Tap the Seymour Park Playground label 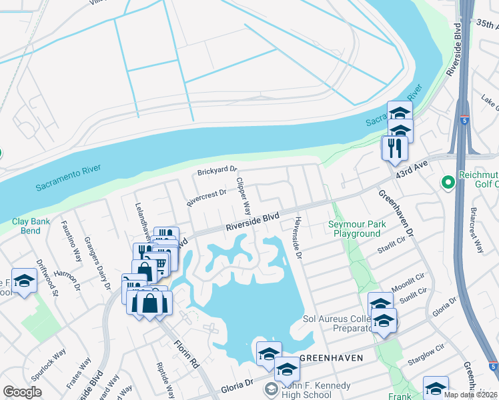357,229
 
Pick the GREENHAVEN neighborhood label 331,358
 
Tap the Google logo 22,392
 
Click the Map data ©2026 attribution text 471,395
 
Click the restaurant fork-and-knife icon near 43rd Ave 394,147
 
